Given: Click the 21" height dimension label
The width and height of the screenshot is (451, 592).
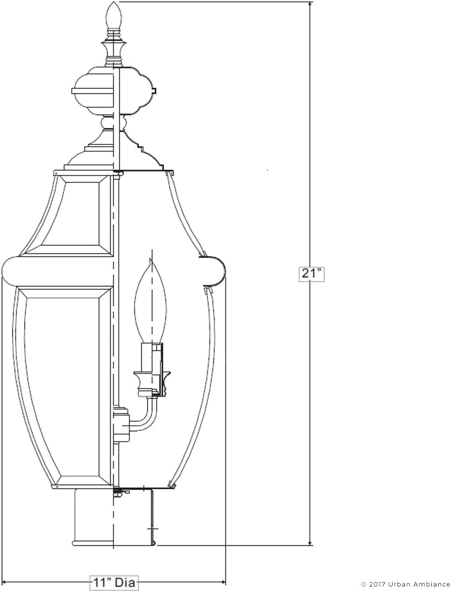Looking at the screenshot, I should (312, 274).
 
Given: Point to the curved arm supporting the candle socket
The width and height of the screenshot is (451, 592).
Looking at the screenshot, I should (146, 416).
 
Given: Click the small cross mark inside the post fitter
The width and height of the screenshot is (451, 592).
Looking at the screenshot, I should (152, 529).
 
